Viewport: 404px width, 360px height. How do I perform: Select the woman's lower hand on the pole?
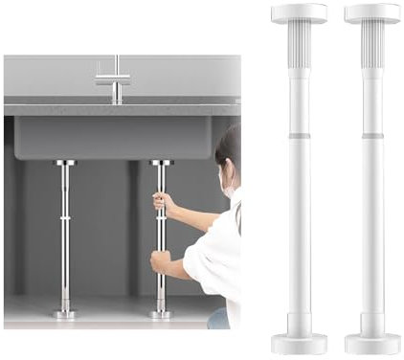160,261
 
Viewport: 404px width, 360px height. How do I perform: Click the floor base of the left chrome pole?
64,313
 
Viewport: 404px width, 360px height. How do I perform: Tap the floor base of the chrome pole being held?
160,313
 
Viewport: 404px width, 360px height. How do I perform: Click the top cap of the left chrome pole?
64,164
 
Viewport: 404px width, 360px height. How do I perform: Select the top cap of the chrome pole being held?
160,164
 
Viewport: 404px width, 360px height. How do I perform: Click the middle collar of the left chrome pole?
64,218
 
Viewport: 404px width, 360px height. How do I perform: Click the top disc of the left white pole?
299,12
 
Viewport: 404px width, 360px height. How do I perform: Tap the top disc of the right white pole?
372,12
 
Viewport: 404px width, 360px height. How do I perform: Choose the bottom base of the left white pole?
299,343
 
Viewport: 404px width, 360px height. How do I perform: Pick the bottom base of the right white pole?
372,343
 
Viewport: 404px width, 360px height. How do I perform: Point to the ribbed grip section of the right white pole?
372,48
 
